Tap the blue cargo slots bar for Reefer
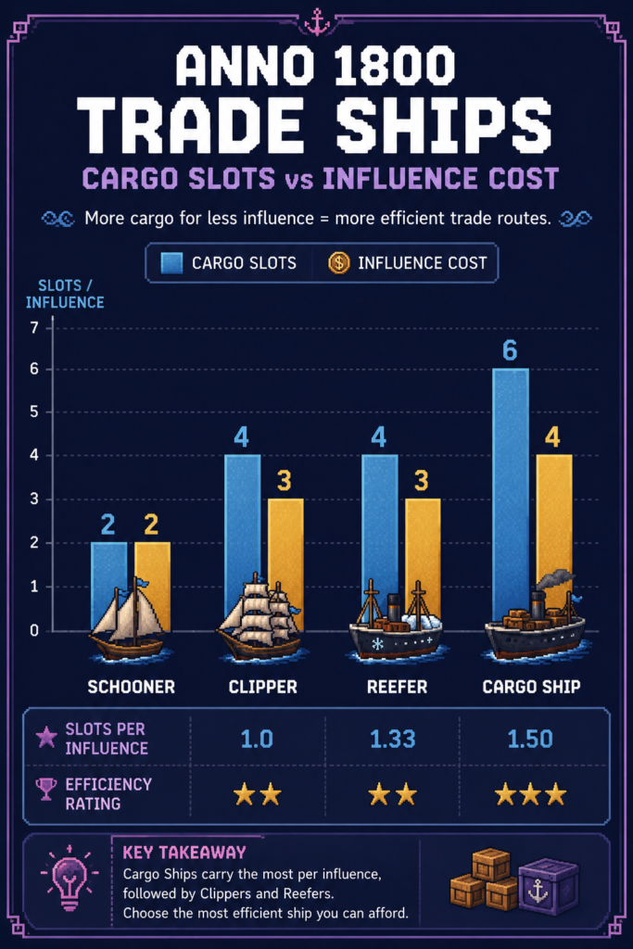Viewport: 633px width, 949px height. pyautogui.click(x=380, y=533)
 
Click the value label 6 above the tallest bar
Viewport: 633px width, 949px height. pyautogui.click(x=510, y=350)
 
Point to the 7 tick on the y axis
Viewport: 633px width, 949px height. pyautogui.click(x=34, y=327)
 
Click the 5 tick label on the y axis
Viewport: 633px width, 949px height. pyautogui.click(x=34, y=411)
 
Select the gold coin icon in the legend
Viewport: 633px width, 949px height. pyautogui.click(x=339, y=262)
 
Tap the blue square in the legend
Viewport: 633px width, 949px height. pyautogui.click(x=171, y=263)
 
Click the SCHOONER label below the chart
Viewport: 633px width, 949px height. pyautogui.click(x=132, y=687)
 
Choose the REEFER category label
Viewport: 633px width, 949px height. pyautogui.click(x=397, y=687)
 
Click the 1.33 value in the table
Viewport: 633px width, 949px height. pyautogui.click(x=393, y=739)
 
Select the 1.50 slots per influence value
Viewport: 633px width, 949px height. pyautogui.click(x=530, y=739)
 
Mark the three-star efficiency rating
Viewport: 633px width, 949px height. pyautogui.click(x=531, y=794)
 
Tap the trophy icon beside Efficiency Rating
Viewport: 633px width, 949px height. pyautogui.click(x=46, y=789)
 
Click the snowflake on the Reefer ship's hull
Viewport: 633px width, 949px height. pyautogui.click(x=377, y=643)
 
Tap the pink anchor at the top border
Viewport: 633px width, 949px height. pyautogui.click(x=317, y=22)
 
